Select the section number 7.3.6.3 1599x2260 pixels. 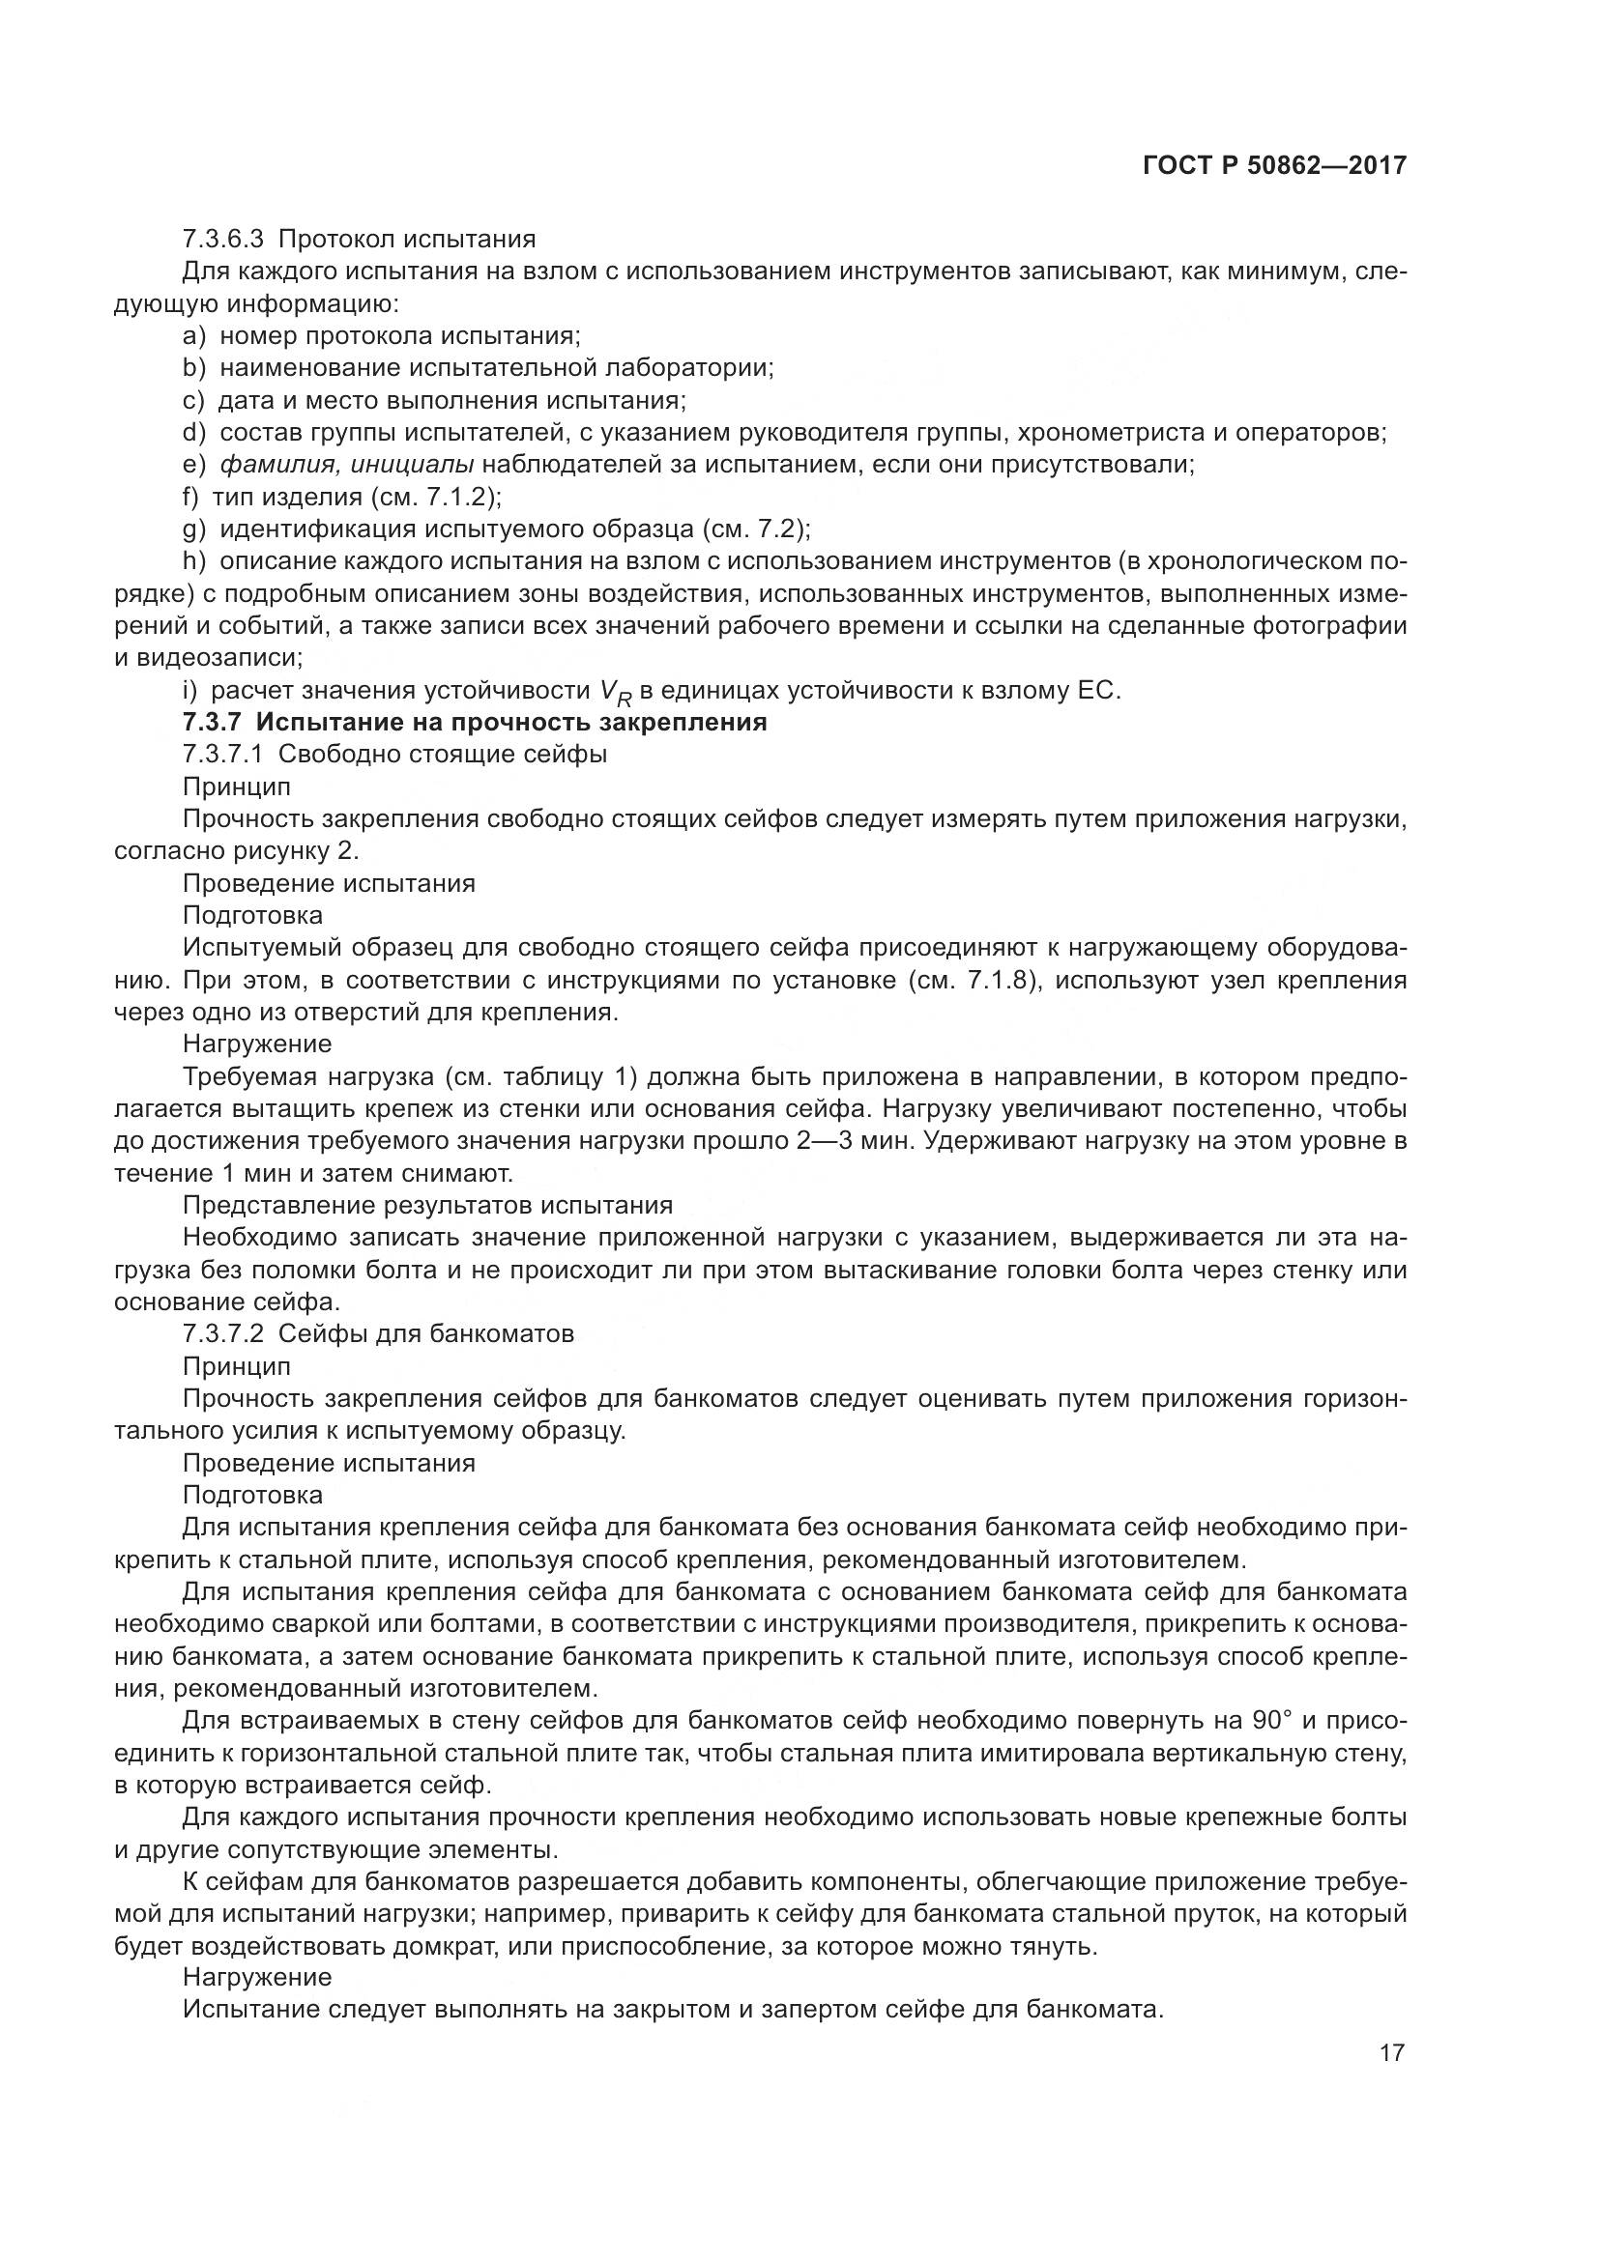click(x=222, y=240)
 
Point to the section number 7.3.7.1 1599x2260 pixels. click(x=222, y=755)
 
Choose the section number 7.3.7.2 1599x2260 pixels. click(x=222, y=1333)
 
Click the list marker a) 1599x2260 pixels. click(x=194, y=335)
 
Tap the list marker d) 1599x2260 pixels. click(x=194, y=432)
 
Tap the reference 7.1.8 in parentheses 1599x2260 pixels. click(x=1003, y=981)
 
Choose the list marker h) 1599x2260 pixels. click(x=194, y=561)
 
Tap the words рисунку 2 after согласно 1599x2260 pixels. click(x=290, y=850)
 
